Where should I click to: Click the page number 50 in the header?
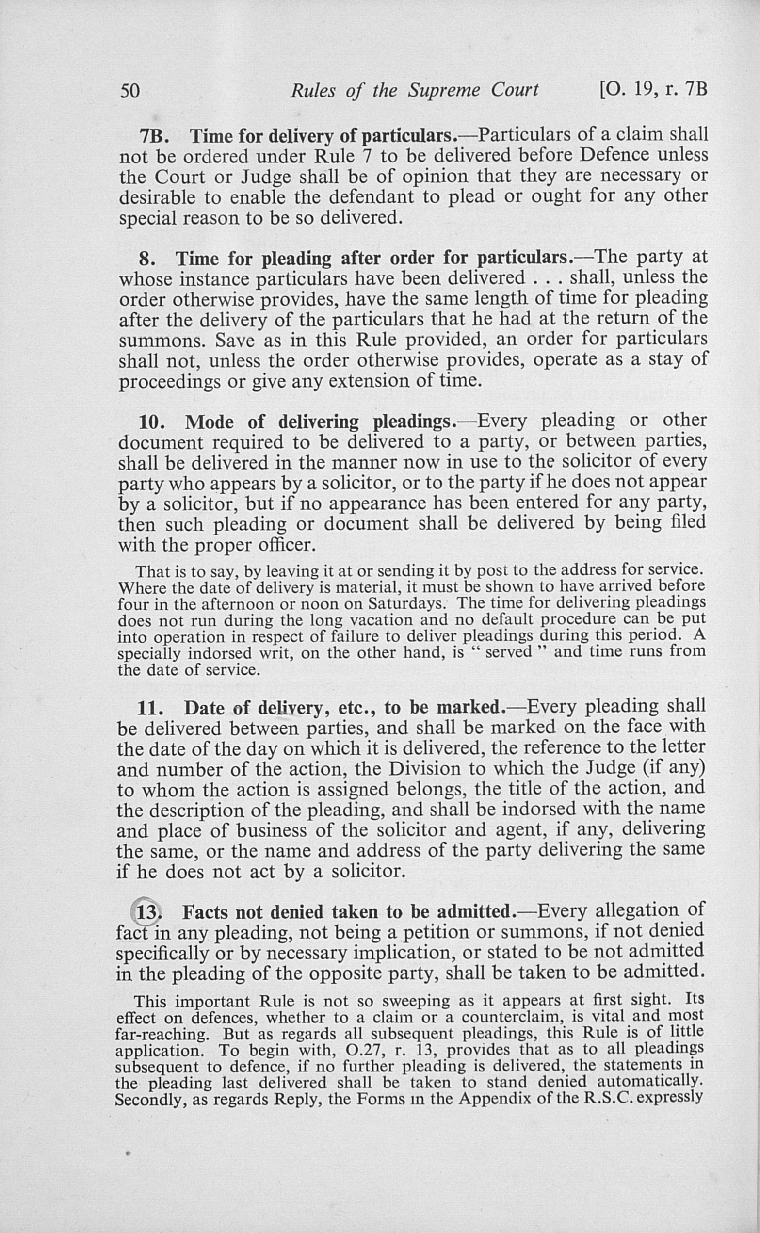129,91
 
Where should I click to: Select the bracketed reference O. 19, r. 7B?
654,89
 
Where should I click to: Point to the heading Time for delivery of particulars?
322,136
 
